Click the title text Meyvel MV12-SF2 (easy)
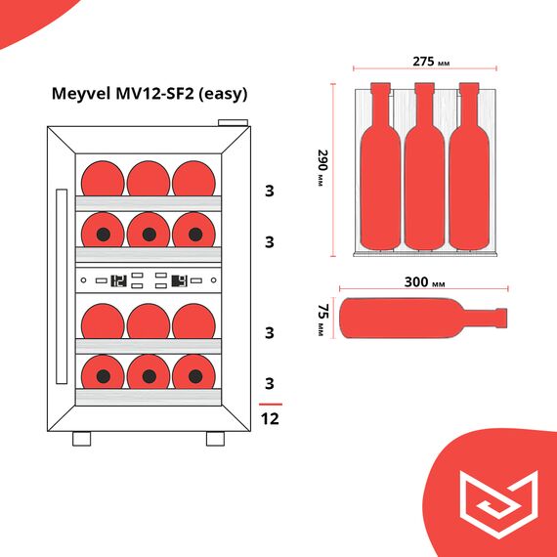click(x=149, y=95)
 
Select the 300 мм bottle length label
click(x=424, y=282)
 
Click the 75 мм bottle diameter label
click(x=321, y=320)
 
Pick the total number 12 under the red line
click(x=270, y=419)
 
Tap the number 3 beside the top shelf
click(x=270, y=191)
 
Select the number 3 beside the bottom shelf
click(x=270, y=382)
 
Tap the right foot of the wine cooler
click(x=215, y=439)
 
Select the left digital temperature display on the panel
click(x=119, y=280)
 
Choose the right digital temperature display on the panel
click(x=179, y=280)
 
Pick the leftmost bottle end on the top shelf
click(x=102, y=179)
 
